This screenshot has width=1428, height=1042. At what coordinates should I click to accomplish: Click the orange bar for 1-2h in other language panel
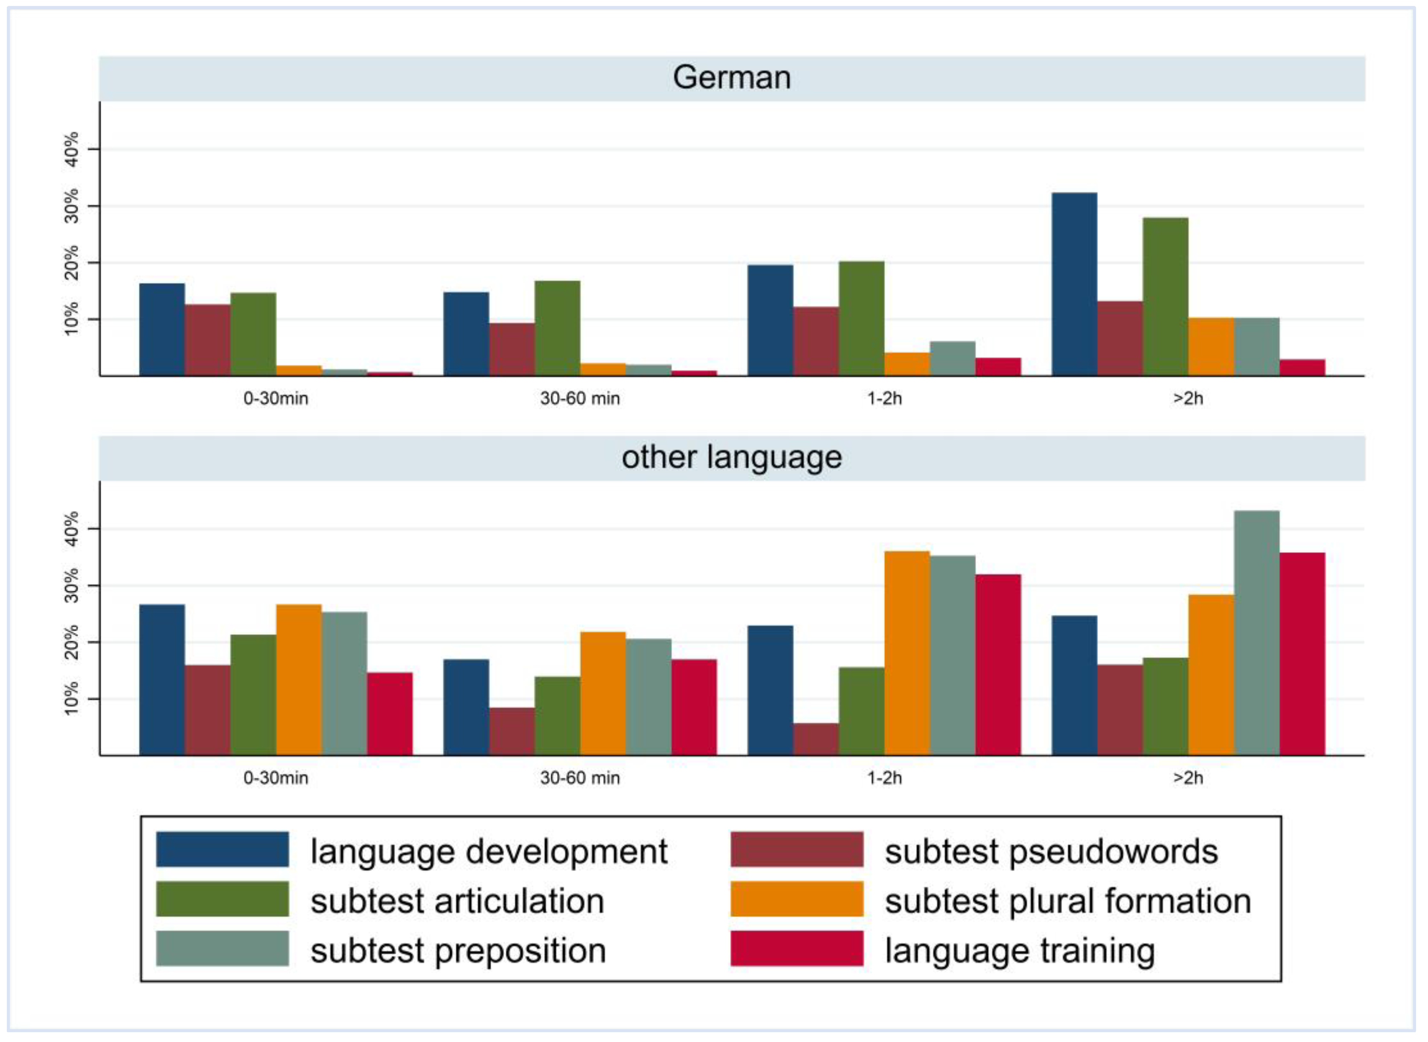[906, 653]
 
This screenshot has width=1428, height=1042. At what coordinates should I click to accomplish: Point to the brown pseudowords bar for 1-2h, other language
[815, 739]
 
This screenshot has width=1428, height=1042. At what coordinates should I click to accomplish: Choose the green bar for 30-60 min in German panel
[557, 328]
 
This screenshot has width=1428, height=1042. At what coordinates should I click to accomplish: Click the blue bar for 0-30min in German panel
[161, 329]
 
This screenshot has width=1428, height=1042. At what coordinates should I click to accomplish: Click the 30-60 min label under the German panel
[580, 398]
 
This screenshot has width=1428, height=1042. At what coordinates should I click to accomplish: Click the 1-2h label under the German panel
[884, 398]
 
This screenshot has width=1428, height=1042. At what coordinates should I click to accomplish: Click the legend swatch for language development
[222, 849]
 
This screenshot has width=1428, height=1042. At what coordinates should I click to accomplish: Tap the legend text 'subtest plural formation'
[1067, 900]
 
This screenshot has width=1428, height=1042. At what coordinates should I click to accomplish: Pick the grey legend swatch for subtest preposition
[222, 948]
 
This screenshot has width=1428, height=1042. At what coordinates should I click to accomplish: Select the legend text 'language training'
[1019, 950]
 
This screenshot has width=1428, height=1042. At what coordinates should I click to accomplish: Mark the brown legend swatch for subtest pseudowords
[797, 849]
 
